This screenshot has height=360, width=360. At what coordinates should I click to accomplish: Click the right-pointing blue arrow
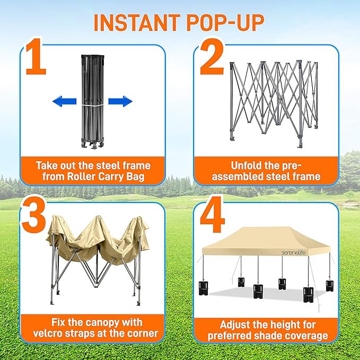(x=120, y=101)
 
